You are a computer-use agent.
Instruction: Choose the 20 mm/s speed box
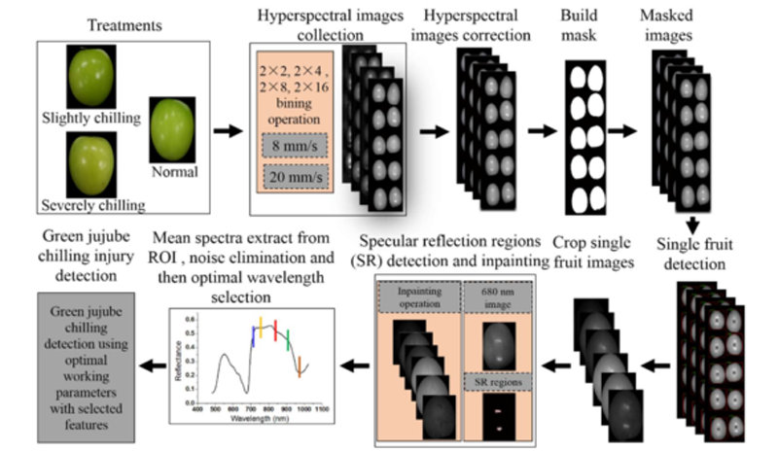pyautogui.click(x=293, y=178)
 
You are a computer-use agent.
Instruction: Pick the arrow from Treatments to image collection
pyautogui.click(x=223, y=126)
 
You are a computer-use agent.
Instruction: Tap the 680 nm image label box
pyautogui.click(x=497, y=297)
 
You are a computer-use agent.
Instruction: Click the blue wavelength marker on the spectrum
pyautogui.click(x=253, y=335)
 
